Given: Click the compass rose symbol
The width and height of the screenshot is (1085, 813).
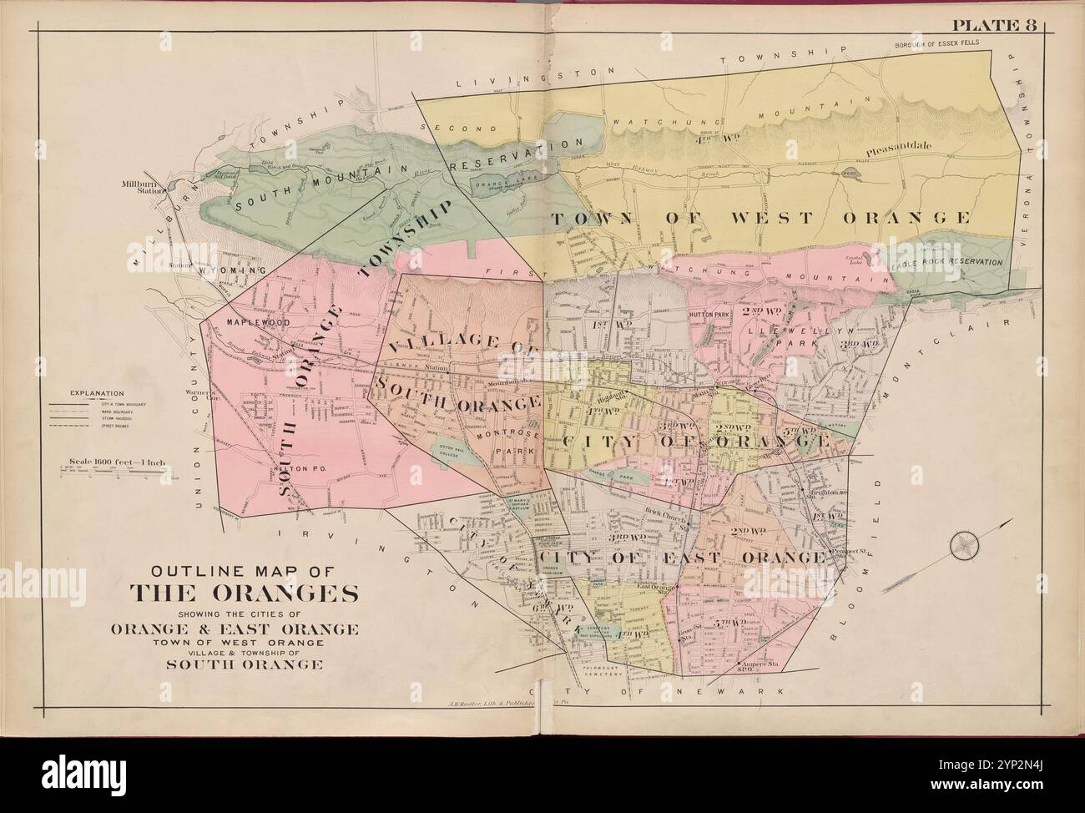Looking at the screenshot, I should point(965,546).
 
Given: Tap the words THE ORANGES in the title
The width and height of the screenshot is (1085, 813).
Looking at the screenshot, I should point(244,595).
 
